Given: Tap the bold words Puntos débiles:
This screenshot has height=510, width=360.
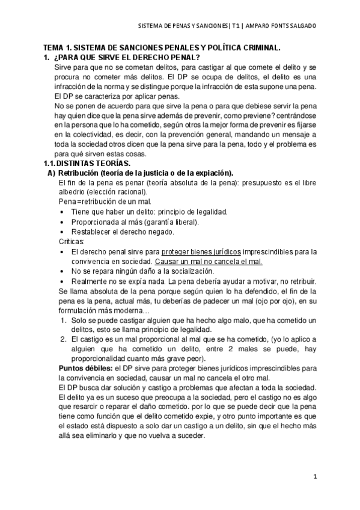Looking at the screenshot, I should point(80,367).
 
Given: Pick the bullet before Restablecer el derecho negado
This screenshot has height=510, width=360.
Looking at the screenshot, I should point(63,232).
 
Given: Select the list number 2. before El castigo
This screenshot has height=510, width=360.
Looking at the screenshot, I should point(63,339).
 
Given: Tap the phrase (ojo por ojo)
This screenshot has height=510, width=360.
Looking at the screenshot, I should point(265,300).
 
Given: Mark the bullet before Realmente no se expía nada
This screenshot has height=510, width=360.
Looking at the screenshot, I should point(63,280).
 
